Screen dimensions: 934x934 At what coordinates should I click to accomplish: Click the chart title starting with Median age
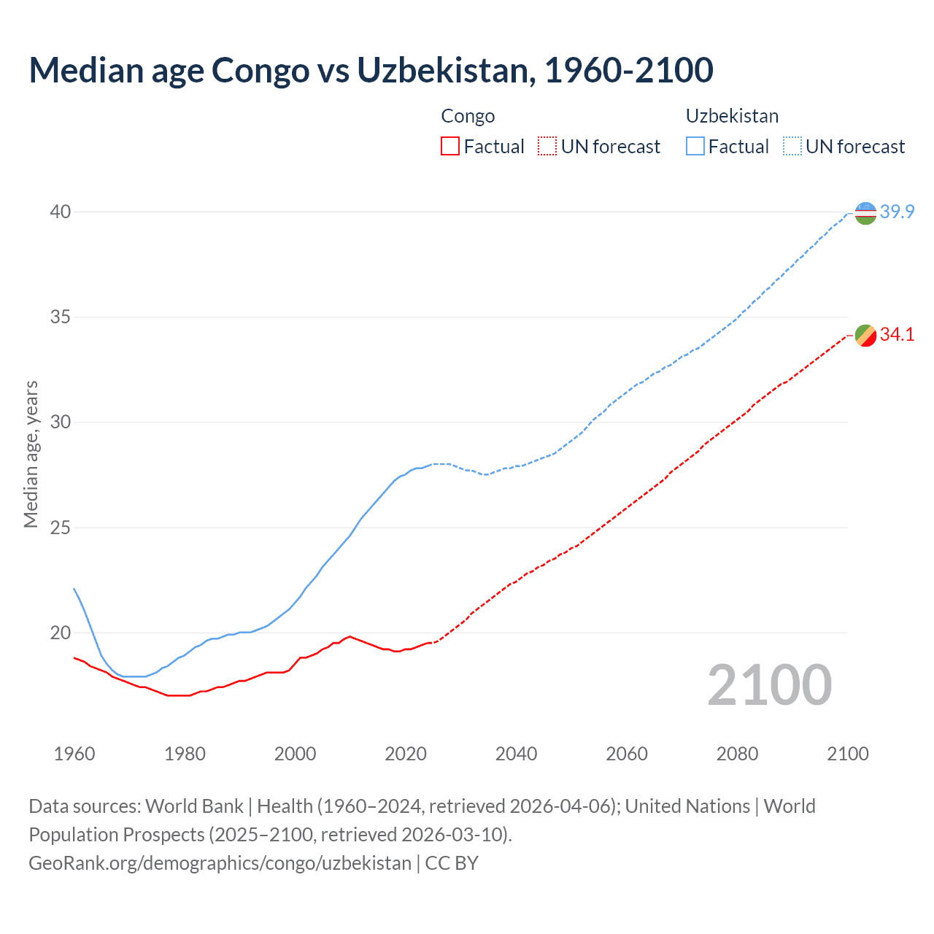click(x=371, y=70)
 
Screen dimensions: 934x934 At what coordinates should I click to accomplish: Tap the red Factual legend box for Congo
click(x=450, y=147)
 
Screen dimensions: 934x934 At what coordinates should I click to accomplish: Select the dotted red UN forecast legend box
click(x=547, y=147)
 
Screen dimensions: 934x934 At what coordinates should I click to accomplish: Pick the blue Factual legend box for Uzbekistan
click(x=695, y=147)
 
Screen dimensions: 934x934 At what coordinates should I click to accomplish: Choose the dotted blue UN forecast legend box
click(x=792, y=147)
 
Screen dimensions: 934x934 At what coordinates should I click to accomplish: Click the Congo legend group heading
click(x=468, y=116)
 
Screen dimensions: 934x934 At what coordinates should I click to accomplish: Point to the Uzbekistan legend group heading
click(x=732, y=116)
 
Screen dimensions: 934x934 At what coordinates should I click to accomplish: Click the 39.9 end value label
click(x=897, y=212)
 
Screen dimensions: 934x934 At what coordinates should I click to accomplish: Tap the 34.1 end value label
click(x=897, y=335)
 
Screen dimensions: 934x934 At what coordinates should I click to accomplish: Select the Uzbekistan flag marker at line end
click(x=865, y=213)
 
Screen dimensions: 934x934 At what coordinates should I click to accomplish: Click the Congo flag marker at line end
click(x=865, y=336)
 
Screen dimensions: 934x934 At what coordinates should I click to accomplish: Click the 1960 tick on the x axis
click(x=74, y=754)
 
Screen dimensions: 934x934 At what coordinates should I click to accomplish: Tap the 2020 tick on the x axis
click(x=406, y=754)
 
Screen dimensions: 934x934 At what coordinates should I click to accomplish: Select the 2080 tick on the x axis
click(x=737, y=754)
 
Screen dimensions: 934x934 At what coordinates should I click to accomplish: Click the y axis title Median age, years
click(x=31, y=454)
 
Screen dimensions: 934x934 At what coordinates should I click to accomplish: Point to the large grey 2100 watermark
click(x=769, y=685)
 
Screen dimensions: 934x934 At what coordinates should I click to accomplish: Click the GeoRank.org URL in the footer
click(x=220, y=863)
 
